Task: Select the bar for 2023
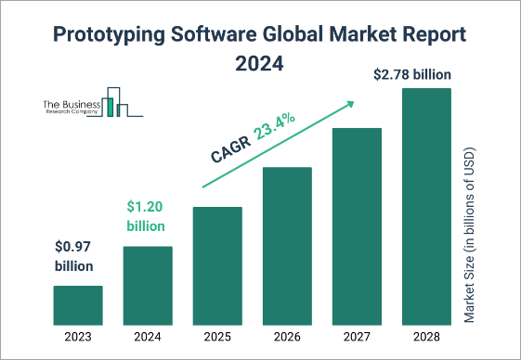pos(78,306)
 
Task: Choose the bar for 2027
pos(357,226)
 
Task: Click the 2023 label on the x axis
pos(78,338)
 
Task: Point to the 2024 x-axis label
pos(148,338)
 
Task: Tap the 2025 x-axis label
pos(217,338)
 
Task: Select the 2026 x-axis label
pos(287,338)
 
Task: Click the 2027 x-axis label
pos(357,338)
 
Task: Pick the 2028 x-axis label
pos(426,338)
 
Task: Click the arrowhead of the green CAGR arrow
pos(353,103)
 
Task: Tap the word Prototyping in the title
pos(105,35)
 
